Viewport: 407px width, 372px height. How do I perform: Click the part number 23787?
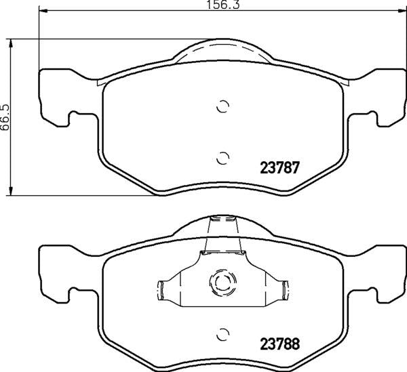click(x=281, y=166)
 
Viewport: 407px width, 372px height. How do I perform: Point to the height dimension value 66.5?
click(x=5, y=117)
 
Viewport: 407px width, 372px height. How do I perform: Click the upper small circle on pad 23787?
click(x=222, y=106)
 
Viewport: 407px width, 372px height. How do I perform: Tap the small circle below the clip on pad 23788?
click(x=222, y=334)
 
